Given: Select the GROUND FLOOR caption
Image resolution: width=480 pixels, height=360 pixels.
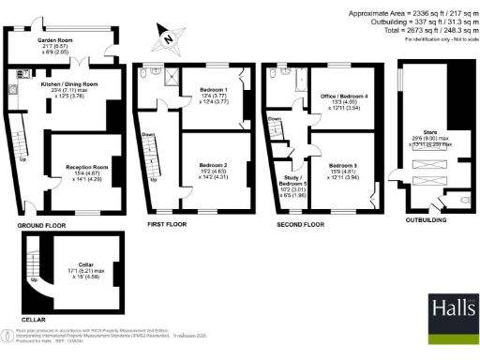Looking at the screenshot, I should click(41, 226).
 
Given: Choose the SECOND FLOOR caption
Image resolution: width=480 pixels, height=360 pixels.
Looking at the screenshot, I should click(300, 226).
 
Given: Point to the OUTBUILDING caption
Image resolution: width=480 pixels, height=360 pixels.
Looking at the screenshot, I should click(427, 226).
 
